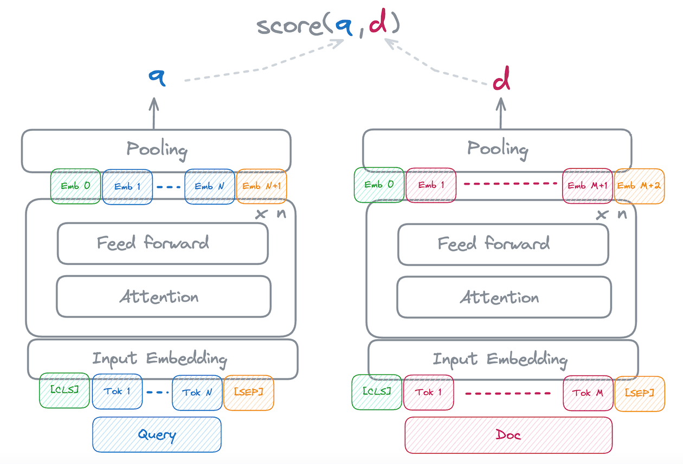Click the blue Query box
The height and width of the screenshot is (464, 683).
coord(157,434)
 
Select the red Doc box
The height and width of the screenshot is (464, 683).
coord(508,434)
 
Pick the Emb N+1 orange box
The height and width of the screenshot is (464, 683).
coord(261,186)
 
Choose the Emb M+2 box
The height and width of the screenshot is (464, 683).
coord(639,186)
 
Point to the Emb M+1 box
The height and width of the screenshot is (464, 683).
coord(588,186)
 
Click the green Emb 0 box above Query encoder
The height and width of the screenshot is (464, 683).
coord(75,186)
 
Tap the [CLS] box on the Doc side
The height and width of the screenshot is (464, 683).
coord(377,392)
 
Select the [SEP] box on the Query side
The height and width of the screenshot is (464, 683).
coord(248,392)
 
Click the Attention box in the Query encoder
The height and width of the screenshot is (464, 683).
coord(163,296)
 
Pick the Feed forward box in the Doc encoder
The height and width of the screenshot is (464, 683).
coord(503,244)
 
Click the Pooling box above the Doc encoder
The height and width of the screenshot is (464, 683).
coord(497,149)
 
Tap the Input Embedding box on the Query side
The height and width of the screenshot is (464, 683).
coord(163,359)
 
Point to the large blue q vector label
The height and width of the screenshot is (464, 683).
coord(157,78)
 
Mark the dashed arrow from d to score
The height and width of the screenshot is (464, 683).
coord(434,68)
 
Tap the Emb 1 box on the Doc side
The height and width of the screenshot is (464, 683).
coord(430,186)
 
